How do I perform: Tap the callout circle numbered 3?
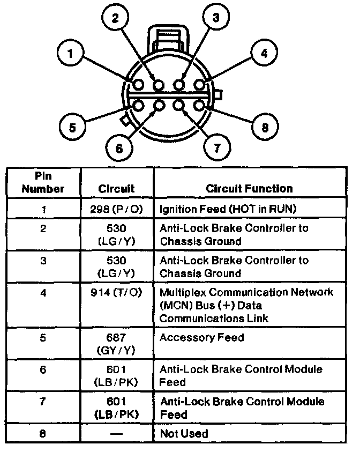tap(216, 18)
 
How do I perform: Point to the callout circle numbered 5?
tap(71, 127)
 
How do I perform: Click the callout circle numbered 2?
tap(116, 18)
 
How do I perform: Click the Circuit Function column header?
tap(249, 188)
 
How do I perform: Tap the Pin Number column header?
tap(43, 182)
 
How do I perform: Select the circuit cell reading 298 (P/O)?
tap(116, 209)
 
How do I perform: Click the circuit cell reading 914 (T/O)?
tap(116, 293)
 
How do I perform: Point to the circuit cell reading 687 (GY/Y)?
tap(116, 344)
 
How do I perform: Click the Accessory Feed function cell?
tap(201, 337)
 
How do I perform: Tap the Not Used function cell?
tap(184, 433)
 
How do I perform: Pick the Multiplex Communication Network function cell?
tap(246, 305)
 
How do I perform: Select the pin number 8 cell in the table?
tap(43, 433)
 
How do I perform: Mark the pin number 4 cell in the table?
tap(43, 293)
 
